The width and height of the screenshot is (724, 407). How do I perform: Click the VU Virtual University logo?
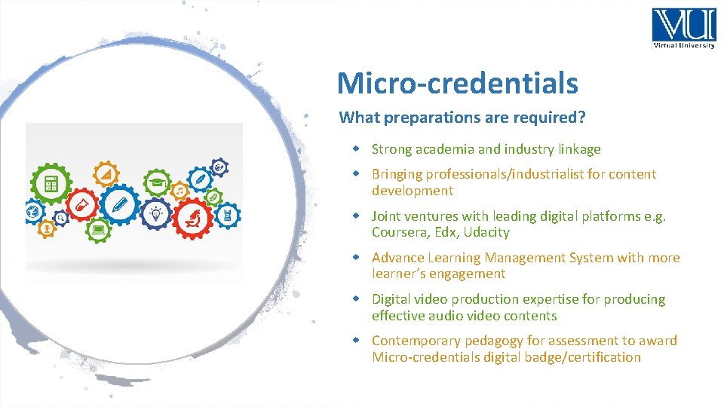(x=683, y=29)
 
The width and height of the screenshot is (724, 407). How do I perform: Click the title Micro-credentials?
(x=457, y=83)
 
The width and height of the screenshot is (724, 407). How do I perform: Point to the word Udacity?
(x=486, y=232)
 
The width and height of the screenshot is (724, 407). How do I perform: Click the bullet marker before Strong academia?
(x=360, y=149)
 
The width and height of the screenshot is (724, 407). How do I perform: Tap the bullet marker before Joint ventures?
(x=360, y=216)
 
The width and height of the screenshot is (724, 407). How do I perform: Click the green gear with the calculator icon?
(x=51, y=183)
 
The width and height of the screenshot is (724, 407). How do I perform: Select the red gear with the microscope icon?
(x=193, y=218)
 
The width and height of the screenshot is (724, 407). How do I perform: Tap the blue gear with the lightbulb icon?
(x=156, y=213)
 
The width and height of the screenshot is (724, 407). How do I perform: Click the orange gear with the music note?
(x=179, y=191)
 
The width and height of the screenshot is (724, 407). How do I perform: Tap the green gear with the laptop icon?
(x=97, y=228)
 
